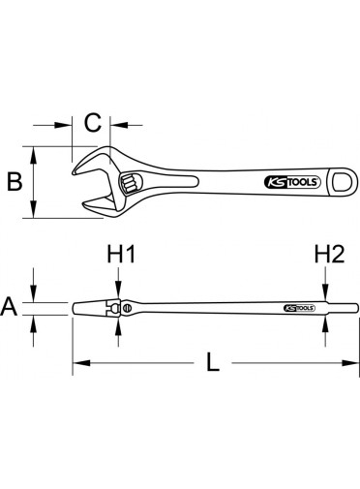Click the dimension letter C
93,123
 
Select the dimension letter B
15,181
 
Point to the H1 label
121,254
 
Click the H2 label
329,254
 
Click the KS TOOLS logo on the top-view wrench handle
292,182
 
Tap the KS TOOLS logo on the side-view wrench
299,308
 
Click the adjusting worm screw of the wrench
130,182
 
